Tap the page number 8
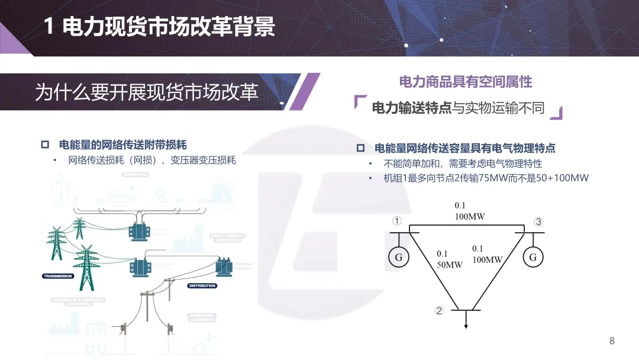point(612,341)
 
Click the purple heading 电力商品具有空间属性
point(466,82)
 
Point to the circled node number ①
point(397,221)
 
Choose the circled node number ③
point(538,222)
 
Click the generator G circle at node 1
point(398,257)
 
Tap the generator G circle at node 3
point(532,257)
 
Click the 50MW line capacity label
point(450,265)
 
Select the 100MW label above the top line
point(470,217)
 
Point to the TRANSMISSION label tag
point(58,276)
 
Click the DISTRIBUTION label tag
point(202,285)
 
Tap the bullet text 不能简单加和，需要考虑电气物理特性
point(463,163)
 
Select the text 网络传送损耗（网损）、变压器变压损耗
point(152,160)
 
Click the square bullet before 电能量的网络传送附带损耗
point(45,145)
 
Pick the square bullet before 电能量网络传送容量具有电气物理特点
point(360,149)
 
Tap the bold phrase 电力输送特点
point(412,108)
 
